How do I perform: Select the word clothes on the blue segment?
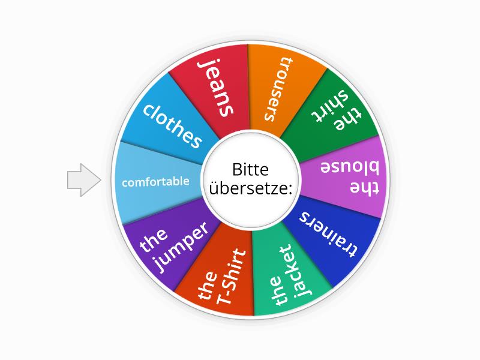[x=172, y=126]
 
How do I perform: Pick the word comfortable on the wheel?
[x=155, y=182]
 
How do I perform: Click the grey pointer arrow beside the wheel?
[x=84, y=180]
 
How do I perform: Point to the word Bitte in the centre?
[x=250, y=169]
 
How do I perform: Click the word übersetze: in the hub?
[x=250, y=188]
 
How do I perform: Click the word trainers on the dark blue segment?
[x=328, y=234]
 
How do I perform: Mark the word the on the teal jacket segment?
[x=278, y=290]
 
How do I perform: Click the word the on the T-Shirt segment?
[x=208, y=285]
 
